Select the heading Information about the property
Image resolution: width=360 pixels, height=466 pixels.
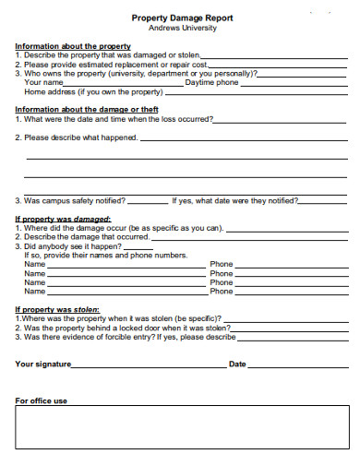coord(73,46)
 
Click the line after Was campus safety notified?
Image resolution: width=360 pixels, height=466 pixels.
coord(148,199)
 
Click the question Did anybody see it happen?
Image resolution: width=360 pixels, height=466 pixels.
coord(68,246)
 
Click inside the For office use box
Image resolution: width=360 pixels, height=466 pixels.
coord(180,429)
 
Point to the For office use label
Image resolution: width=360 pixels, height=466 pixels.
coord(42,400)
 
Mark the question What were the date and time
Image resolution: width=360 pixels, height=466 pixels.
coord(114,119)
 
